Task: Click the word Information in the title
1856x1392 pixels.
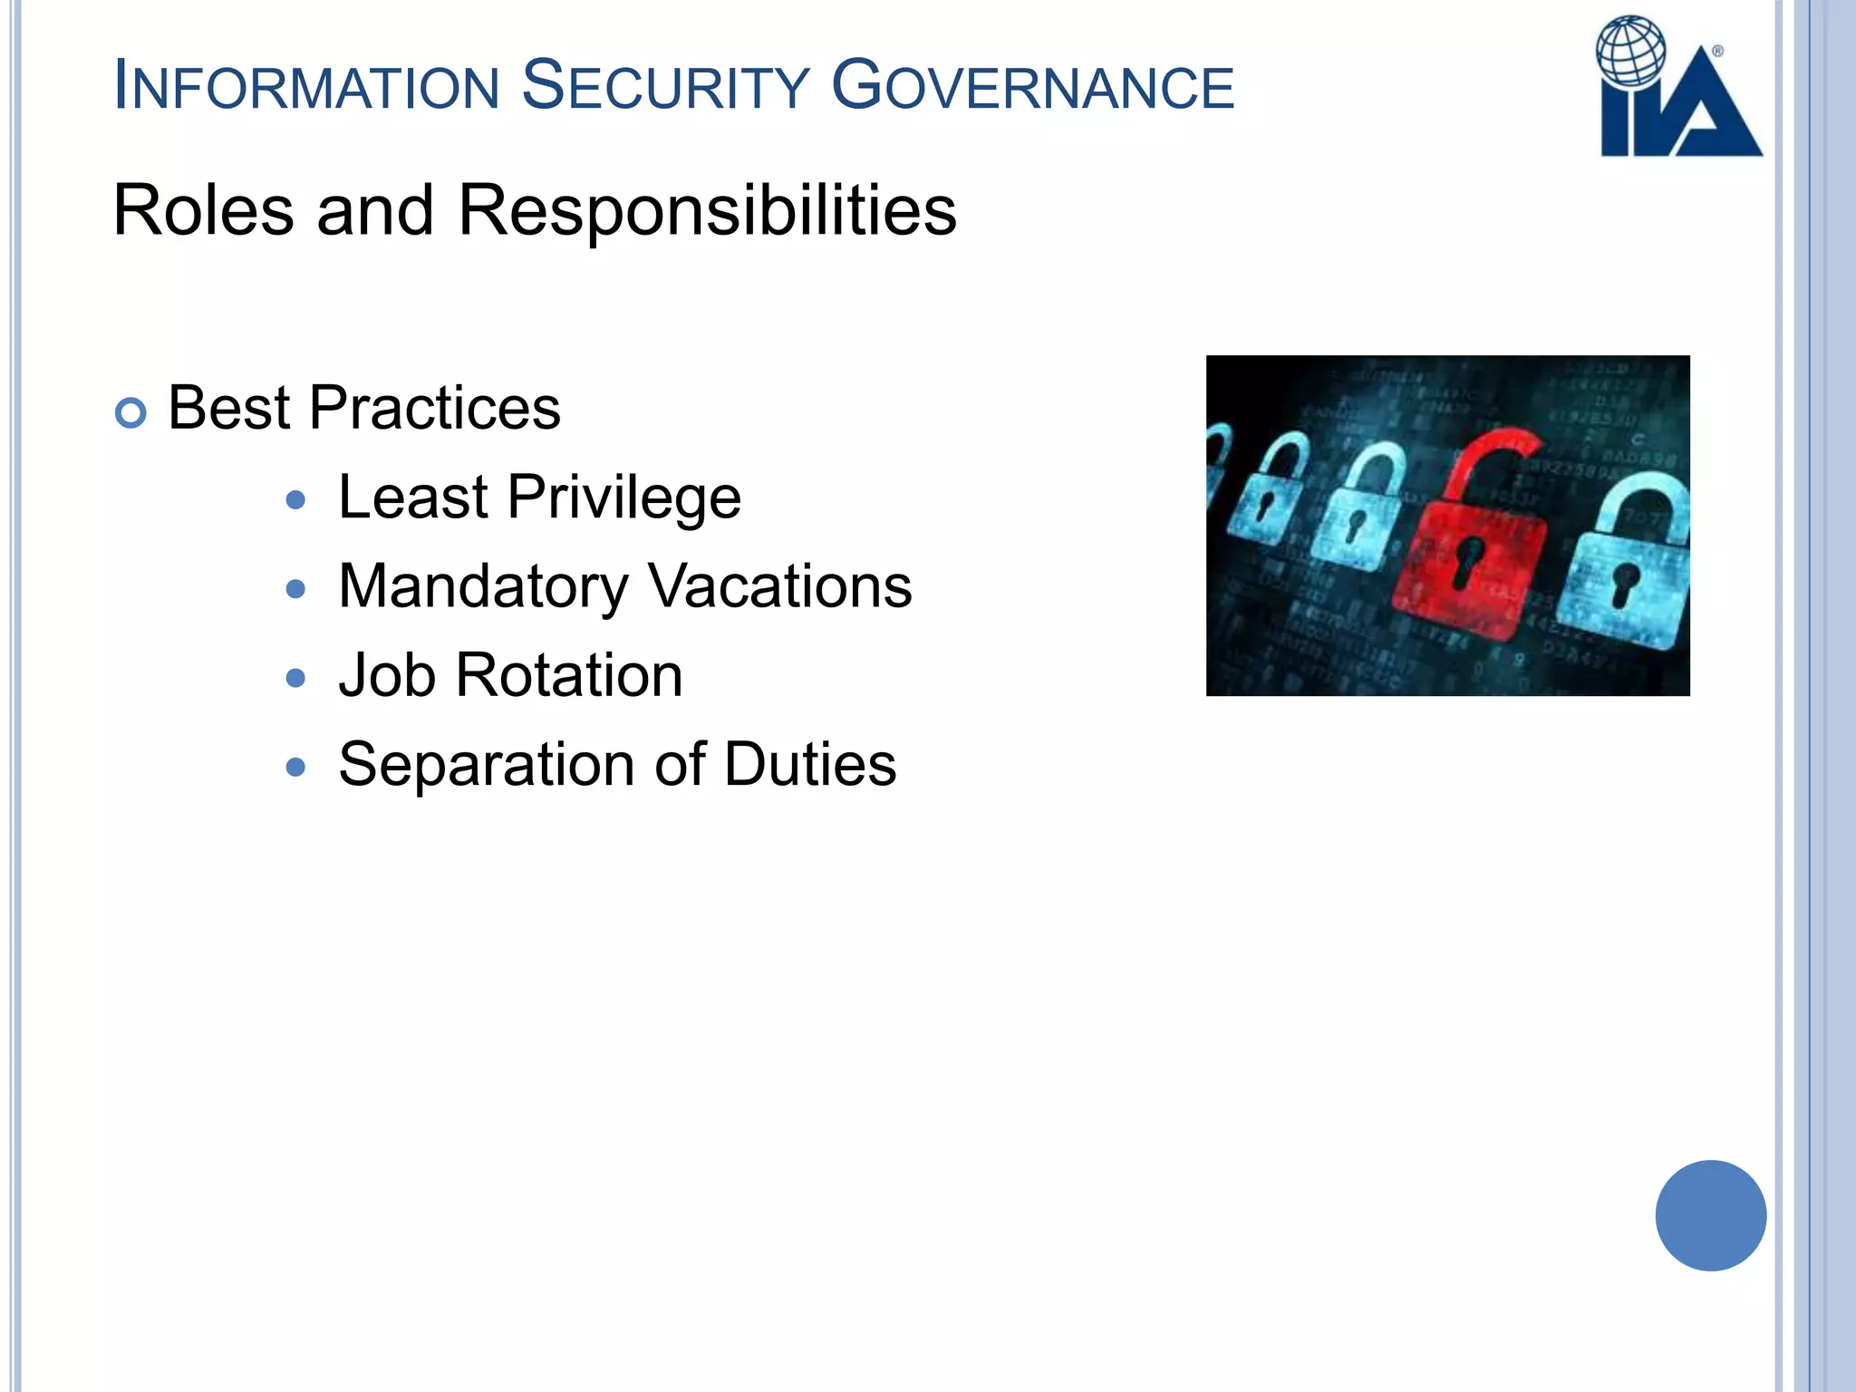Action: (306, 87)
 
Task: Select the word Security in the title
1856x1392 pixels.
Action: (665, 87)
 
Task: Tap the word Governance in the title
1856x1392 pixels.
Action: (1032, 87)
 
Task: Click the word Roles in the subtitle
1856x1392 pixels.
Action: (204, 210)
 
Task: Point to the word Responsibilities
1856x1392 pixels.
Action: (707, 210)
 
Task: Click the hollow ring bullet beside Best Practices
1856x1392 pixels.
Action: (131, 413)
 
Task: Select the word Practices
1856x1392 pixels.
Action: (434, 409)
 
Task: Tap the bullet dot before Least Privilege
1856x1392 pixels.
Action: (295, 499)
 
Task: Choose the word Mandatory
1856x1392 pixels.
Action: (483, 587)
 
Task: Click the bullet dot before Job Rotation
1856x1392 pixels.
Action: (295, 678)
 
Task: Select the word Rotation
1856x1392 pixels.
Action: (569, 676)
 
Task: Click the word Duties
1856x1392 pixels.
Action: (810, 765)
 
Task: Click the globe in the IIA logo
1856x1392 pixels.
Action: (1631, 51)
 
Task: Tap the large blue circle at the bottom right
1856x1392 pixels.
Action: (1710, 1215)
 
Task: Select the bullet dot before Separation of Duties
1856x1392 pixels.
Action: (295, 768)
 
